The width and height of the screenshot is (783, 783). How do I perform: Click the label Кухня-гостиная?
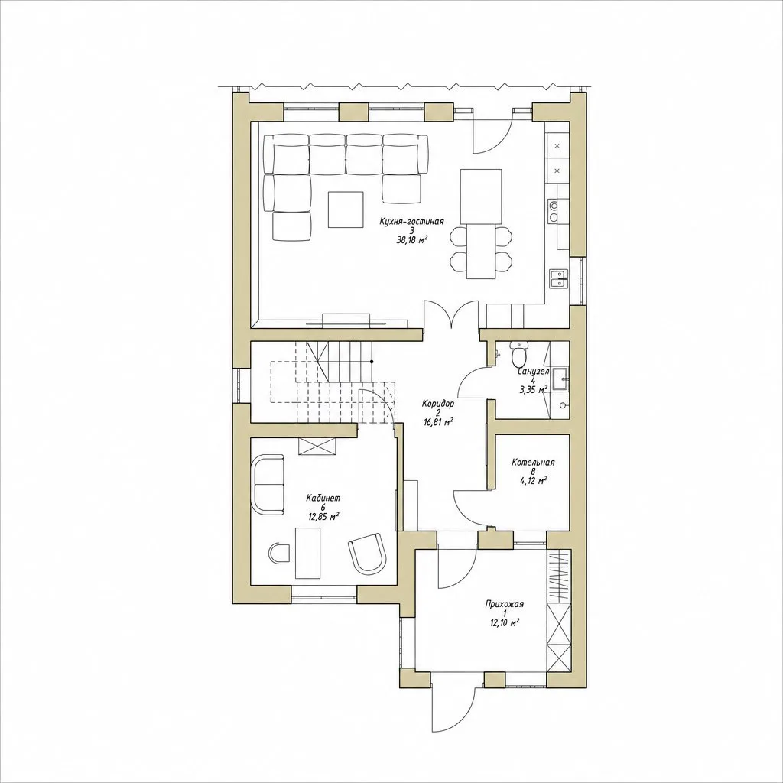[x=411, y=221]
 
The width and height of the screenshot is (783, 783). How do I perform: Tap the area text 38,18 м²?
[x=412, y=240]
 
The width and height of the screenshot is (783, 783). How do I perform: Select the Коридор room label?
[x=438, y=404]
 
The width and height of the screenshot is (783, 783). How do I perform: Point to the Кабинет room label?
[x=323, y=498]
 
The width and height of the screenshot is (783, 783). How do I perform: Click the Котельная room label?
[x=533, y=463]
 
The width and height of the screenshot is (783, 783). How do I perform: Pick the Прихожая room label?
[x=505, y=604]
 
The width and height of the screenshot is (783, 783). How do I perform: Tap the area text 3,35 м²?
[x=533, y=389]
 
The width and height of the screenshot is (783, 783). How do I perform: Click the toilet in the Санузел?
[x=519, y=353]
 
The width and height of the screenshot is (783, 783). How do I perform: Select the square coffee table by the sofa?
[x=345, y=210]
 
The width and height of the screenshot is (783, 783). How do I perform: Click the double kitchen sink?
[x=558, y=278]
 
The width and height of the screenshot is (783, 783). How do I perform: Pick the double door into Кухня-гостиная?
[x=451, y=314]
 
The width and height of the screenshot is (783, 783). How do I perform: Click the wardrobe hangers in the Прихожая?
[x=558, y=577]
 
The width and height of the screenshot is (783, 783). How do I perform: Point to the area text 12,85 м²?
[x=323, y=517]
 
